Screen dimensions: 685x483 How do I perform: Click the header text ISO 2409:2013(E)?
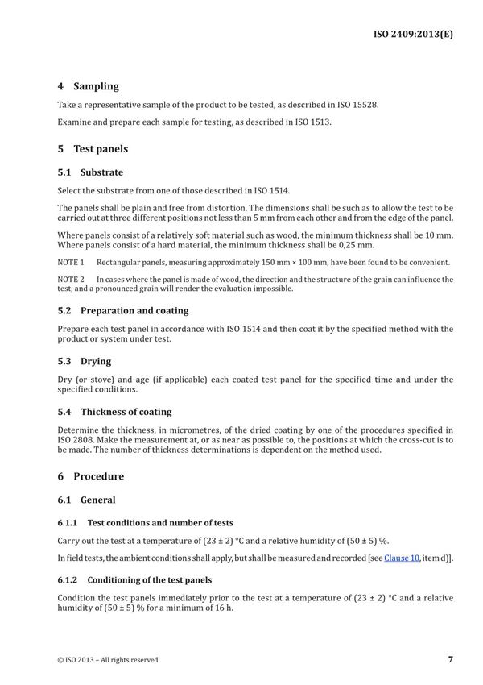click(x=413, y=35)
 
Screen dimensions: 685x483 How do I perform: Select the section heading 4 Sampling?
click(x=88, y=86)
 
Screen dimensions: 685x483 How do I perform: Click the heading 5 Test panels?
click(x=93, y=149)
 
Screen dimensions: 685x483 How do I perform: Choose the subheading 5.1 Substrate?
click(x=90, y=172)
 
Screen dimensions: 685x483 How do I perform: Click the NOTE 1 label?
click(x=71, y=263)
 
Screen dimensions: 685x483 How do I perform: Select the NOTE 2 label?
click(x=71, y=280)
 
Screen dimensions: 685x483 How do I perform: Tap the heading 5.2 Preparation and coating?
click(x=123, y=310)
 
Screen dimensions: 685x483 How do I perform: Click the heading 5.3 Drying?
click(x=85, y=361)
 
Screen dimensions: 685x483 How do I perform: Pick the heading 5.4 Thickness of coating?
click(x=114, y=412)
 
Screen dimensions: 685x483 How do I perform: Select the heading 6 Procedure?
click(x=91, y=476)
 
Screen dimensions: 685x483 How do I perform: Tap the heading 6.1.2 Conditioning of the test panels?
click(x=135, y=580)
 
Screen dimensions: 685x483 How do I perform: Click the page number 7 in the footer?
click(x=450, y=659)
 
